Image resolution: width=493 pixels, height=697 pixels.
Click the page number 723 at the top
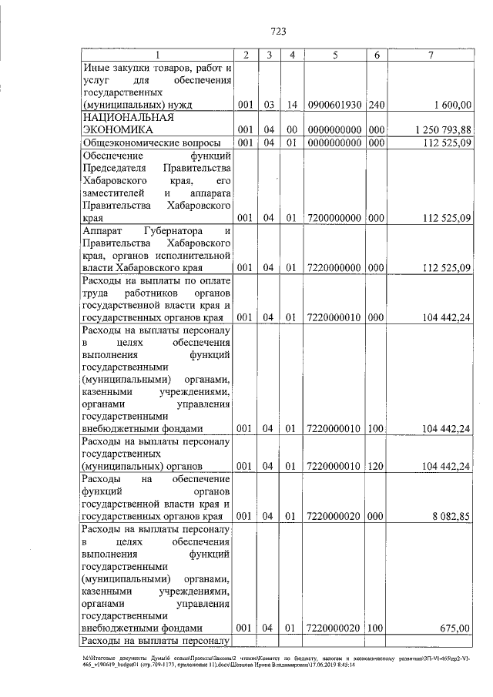(279, 32)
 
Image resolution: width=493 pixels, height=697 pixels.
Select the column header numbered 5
(334, 55)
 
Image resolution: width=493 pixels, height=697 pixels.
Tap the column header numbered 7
(431, 55)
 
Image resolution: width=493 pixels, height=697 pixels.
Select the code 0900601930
(334, 104)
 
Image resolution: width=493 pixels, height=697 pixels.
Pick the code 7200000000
(334, 218)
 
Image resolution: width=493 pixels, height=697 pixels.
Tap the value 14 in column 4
(291, 104)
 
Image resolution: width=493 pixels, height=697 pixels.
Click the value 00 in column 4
(291, 129)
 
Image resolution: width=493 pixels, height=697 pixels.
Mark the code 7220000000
(334, 268)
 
